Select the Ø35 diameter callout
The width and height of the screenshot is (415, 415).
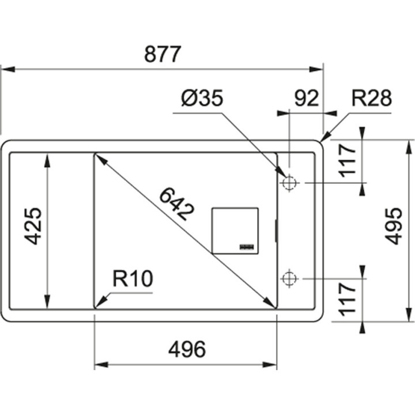(x=201, y=99)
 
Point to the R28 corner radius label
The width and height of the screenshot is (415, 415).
(x=372, y=99)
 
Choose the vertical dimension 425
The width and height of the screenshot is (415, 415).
(x=34, y=226)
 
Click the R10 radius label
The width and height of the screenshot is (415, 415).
(x=132, y=280)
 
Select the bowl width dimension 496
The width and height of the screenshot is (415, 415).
(x=186, y=349)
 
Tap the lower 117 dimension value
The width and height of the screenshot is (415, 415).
(x=348, y=298)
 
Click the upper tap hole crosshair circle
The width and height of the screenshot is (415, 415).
(x=289, y=183)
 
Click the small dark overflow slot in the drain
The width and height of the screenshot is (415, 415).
(x=248, y=247)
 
